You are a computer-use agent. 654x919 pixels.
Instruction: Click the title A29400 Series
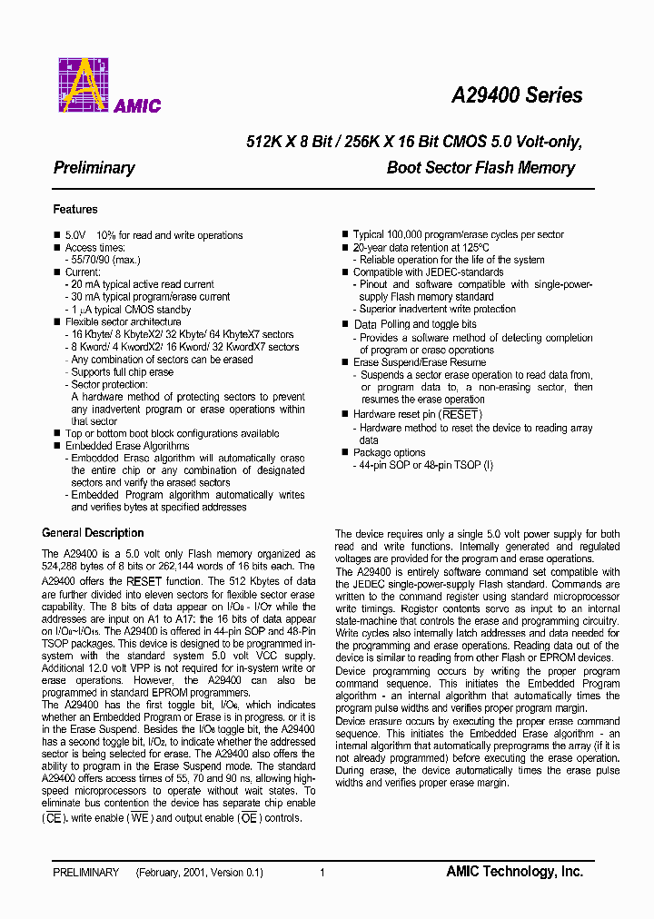517,95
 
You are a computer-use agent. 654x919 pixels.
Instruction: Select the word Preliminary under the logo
94,168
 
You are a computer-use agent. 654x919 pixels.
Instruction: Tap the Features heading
75,210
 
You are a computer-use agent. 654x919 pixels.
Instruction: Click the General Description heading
93,533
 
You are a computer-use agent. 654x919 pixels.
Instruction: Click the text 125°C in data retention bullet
472,247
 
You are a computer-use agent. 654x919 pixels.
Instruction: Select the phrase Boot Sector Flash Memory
481,168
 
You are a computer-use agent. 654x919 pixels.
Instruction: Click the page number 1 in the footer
322,873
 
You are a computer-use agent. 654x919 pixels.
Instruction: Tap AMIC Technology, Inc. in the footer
514,872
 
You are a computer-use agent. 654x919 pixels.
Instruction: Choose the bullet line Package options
389,452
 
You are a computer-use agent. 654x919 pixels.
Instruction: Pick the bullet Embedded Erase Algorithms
127,446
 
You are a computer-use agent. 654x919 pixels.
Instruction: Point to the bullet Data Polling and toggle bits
414,324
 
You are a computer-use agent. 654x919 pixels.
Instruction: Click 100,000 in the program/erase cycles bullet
404,235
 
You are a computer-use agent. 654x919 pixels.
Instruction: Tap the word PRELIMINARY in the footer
86,873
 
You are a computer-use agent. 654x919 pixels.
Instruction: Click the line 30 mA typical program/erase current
150,297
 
